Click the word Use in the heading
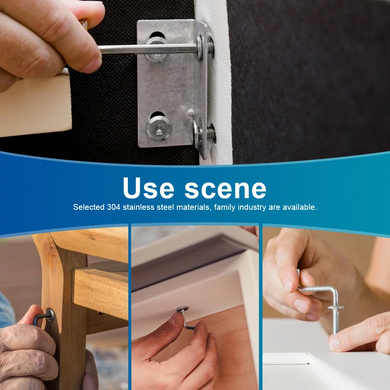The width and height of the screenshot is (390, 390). point(149,188)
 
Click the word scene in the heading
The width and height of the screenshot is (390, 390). point(225,190)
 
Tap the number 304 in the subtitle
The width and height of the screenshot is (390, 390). point(113,207)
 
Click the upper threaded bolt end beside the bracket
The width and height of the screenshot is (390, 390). point(211,47)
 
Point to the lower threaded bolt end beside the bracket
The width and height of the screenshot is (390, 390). point(211,133)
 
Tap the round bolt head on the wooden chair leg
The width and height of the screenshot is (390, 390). point(51,315)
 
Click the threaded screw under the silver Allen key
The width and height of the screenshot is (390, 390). point(335,321)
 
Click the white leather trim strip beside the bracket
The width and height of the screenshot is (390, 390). point(217,82)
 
